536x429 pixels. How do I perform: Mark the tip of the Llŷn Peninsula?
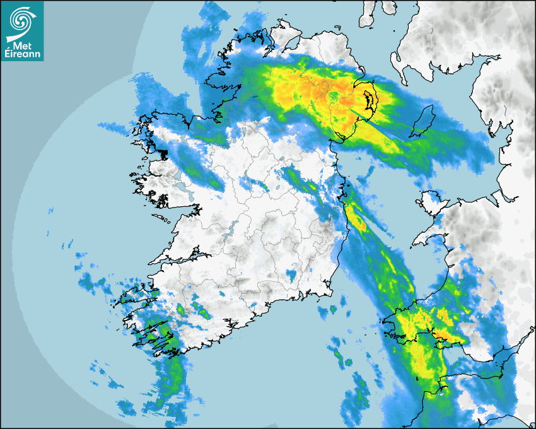(415, 242)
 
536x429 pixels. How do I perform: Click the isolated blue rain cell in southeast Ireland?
(291, 275)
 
